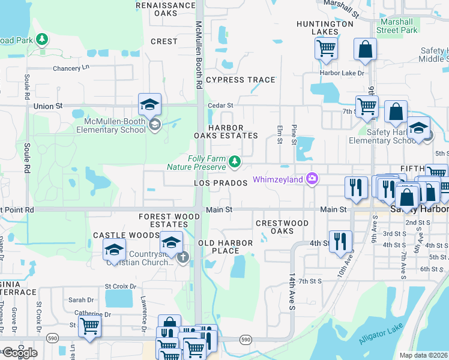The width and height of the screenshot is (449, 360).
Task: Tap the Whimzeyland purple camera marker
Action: (312, 179)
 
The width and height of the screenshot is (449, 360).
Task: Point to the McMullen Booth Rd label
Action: (199, 55)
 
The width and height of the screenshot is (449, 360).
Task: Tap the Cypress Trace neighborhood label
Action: (240, 80)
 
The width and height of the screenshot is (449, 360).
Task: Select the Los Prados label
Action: (221, 182)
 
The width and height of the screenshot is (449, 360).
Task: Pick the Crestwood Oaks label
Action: (282, 227)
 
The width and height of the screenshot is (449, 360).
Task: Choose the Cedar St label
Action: (220, 106)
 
